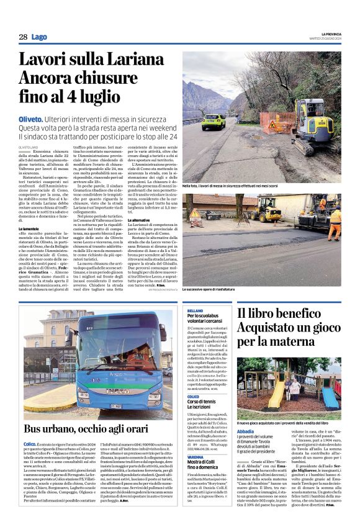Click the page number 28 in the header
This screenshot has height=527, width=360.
[x=22, y=37]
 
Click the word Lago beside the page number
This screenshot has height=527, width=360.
[x=39, y=37]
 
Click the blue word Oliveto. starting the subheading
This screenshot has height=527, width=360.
[x=48, y=119]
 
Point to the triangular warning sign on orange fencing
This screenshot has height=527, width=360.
[x=272, y=125]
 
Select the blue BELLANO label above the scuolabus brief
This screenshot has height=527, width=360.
[x=194, y=309]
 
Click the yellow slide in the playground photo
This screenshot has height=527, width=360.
[x=277, y=391]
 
